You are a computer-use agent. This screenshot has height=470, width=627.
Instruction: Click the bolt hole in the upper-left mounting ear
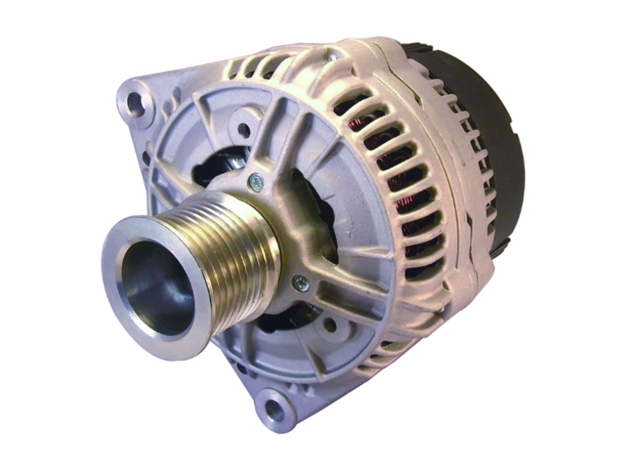click(x=134, y=103)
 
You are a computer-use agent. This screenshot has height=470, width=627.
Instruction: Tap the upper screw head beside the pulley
click(x=257, y=183)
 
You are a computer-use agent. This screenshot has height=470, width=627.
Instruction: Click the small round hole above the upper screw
click(x=243, y=129)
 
